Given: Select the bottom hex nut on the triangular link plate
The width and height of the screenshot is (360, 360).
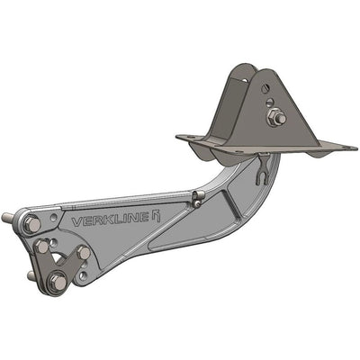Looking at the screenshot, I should (x=58, y=283).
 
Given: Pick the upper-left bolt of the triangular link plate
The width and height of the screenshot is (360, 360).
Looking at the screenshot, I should (x=41, y=246).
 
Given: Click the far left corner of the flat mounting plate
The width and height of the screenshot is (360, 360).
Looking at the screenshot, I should (x=178, y=137).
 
